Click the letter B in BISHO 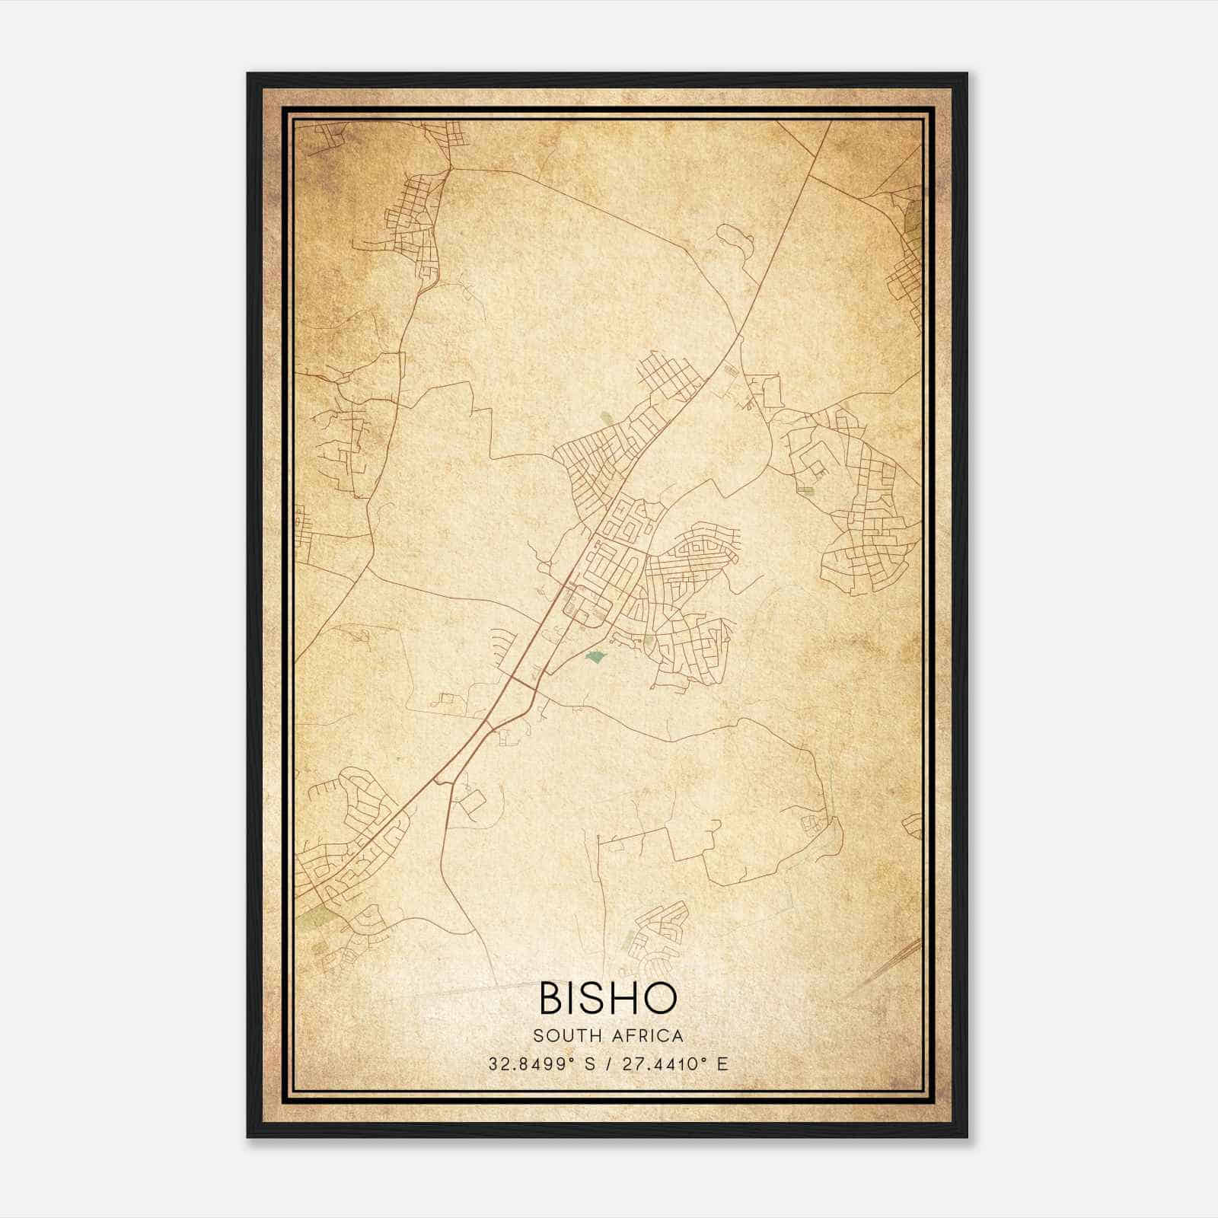point(553,998)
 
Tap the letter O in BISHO point(658,998)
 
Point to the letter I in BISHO point(573,998)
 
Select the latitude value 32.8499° point(530,1063)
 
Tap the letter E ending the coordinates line point(722,1063)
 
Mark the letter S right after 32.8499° point(589,1063)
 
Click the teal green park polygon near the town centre point(596,655)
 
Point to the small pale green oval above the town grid point(607,418)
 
